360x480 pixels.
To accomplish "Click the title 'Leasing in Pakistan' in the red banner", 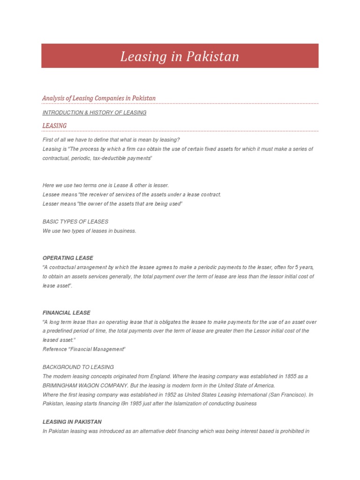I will click(x=180, y=57).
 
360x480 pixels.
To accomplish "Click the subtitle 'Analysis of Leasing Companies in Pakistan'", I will click(x=99, y=98).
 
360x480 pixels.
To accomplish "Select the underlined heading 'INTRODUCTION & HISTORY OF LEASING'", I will click(x=94, y=112).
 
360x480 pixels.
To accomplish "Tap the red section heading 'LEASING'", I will click(x=54, y=126).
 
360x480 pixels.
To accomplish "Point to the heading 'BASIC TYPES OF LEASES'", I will click(x=75, y=221).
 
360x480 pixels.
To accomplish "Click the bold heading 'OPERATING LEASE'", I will click(x=67, y=258).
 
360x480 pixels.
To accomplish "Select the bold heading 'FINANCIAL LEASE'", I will click(x=66, y=313).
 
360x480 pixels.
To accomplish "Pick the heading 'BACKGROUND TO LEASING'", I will click(x=78, y=367).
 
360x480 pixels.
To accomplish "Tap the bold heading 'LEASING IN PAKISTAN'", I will click(x=72, y=422).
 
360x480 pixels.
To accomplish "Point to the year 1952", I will click(x=176, y=395).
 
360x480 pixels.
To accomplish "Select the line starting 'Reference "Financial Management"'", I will click(x=84, y=349).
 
